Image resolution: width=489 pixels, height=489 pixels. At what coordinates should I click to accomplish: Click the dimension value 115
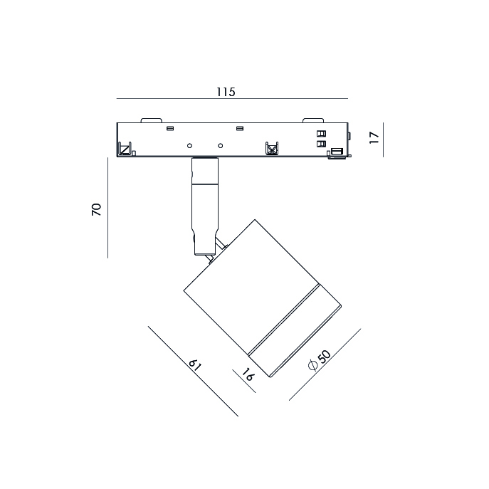(x=226, y=92)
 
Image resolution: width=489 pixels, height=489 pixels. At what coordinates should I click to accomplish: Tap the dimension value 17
(x=374, y=137)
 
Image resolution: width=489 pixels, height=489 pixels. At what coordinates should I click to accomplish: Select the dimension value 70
(x=97, y=209)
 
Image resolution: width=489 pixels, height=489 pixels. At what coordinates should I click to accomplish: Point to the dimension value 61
(x=195, y=365)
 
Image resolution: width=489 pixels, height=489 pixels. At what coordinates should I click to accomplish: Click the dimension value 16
(x=248, y=374)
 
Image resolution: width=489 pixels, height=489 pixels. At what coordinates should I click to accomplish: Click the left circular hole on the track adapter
(x=189, y=146)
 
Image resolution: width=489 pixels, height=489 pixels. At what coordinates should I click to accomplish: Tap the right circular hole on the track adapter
(x=220, y=146)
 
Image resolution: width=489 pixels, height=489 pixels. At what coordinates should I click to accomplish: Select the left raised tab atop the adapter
(x=151, y=120)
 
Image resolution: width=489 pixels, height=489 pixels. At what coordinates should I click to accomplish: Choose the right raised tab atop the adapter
(x=313, y=120)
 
